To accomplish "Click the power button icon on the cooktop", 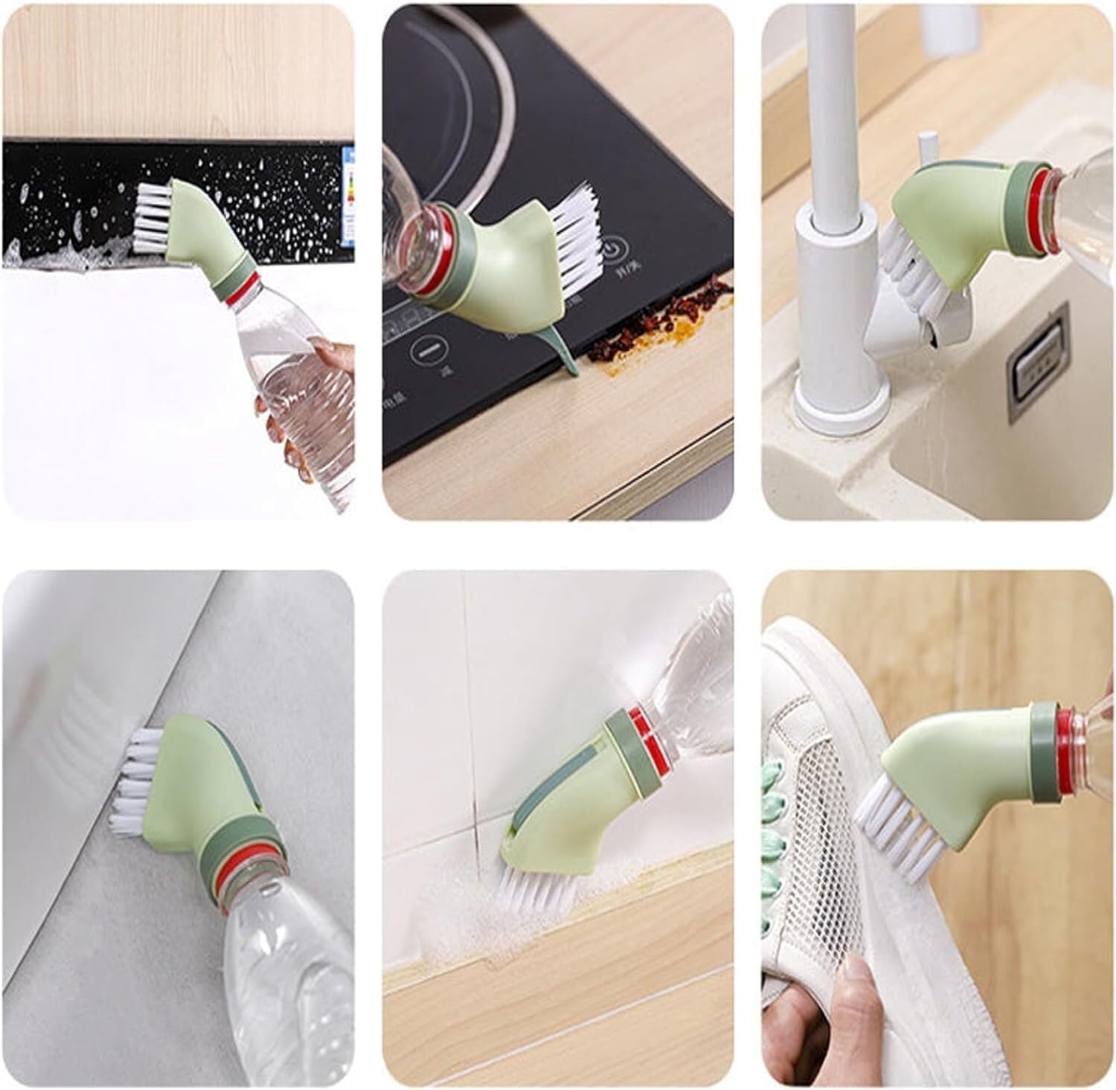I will [x=612, y=248].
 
